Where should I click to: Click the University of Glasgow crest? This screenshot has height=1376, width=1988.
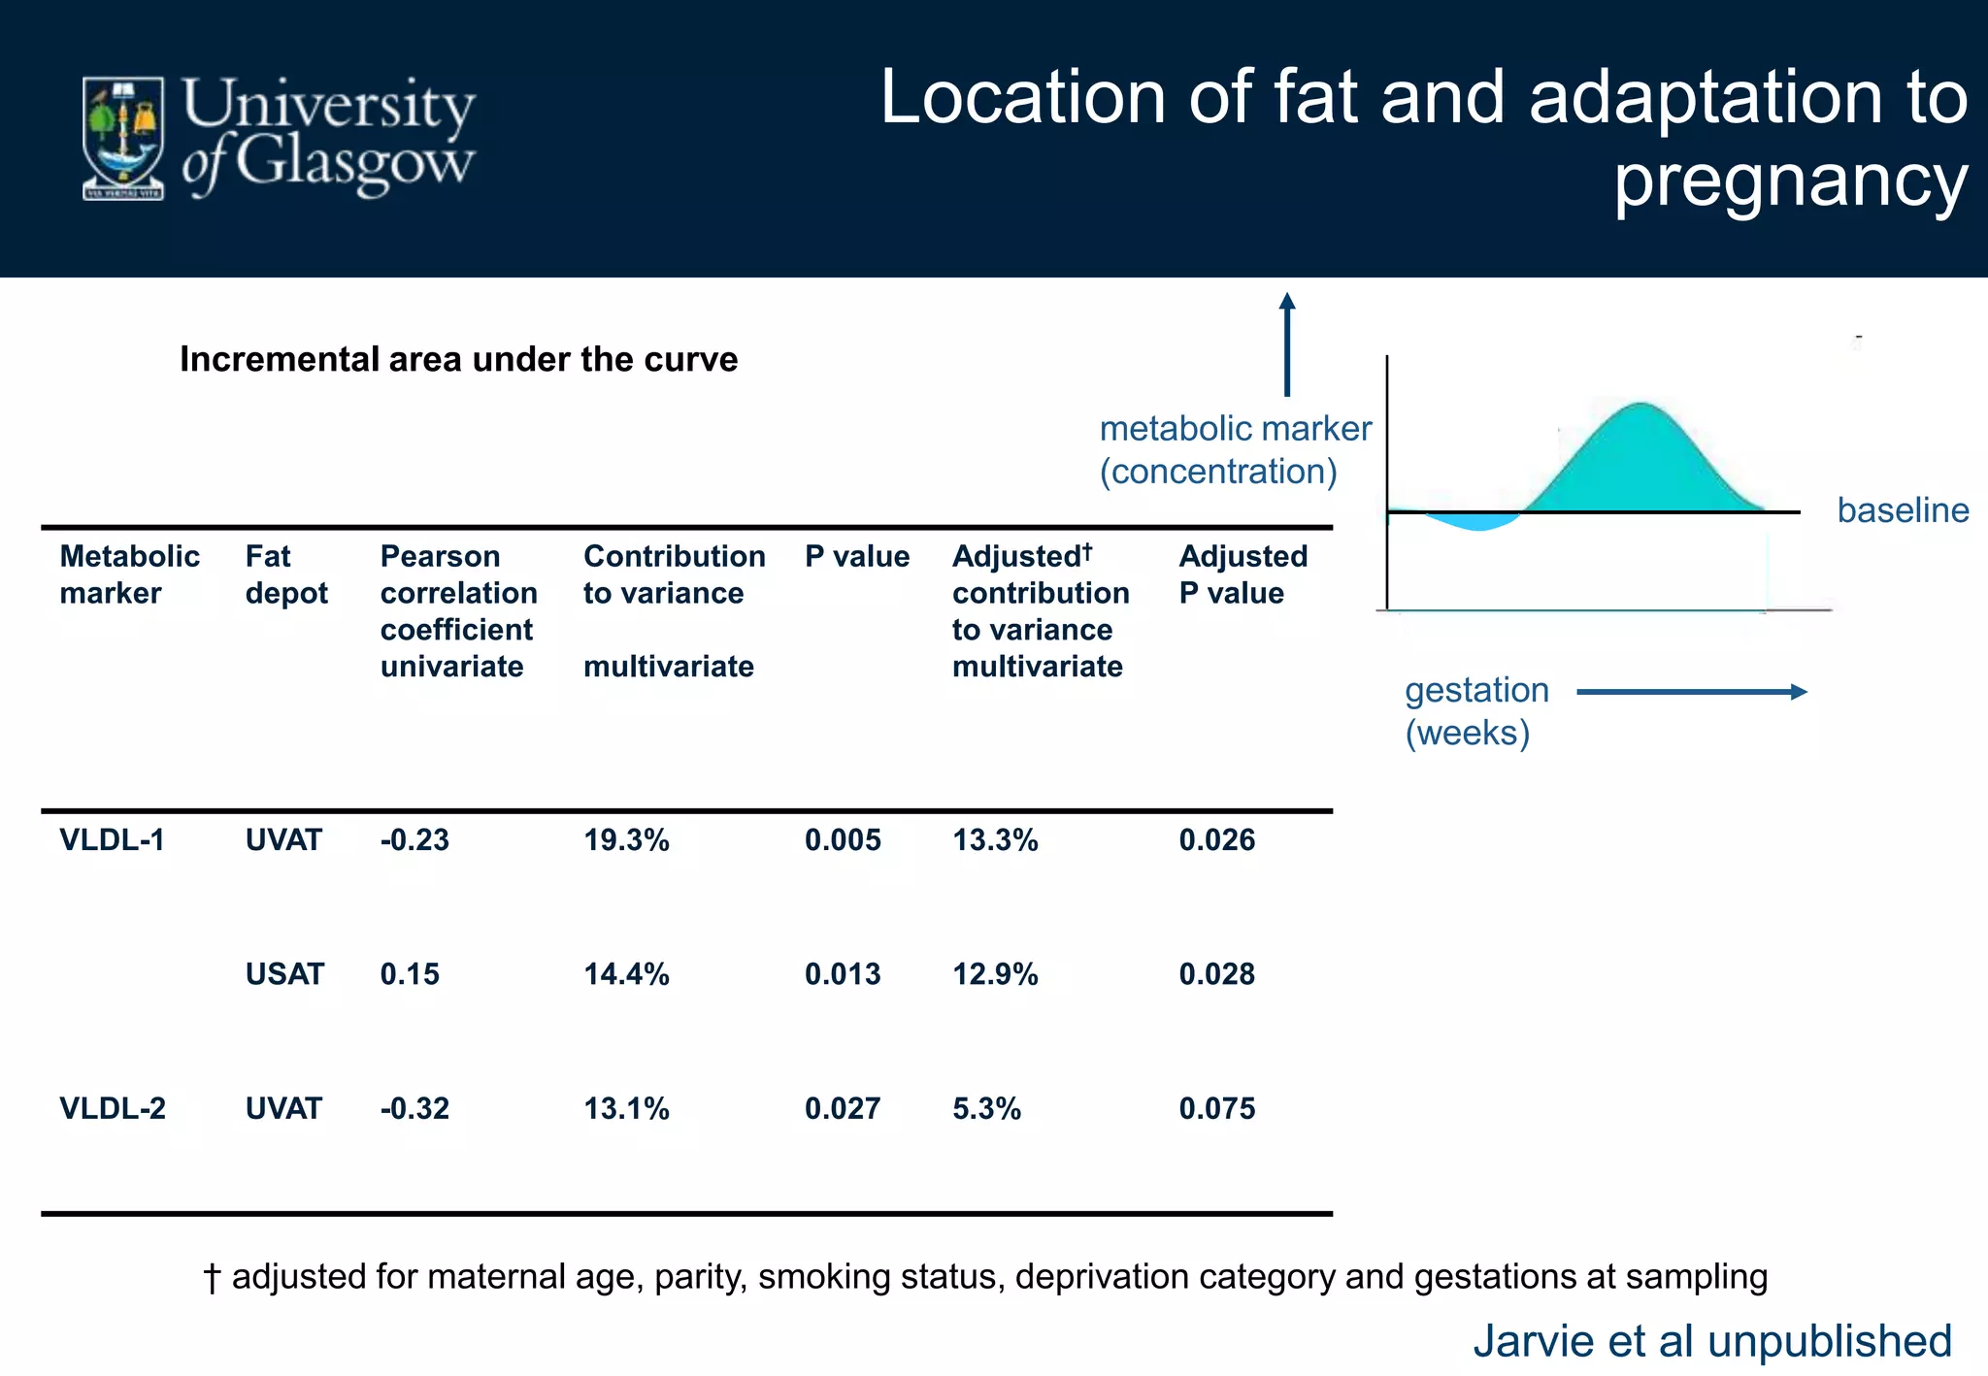[122, 139]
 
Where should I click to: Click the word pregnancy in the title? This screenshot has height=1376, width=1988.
[1791, 181]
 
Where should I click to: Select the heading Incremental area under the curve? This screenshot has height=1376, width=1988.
[458, 359]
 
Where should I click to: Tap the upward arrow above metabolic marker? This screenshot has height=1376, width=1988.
[1287, 344]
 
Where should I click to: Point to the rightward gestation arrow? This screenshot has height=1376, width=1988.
[1691, 692]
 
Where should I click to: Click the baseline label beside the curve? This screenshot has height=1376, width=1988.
[1903, 510]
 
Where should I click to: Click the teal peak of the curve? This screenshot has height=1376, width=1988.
[1640, 456]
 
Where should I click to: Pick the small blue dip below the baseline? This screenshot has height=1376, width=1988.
[1475, 522]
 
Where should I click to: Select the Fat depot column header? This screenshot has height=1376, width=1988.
[285, 574]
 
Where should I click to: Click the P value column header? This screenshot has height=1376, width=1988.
[856, 557]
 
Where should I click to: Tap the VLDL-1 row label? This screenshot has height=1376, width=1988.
[112, 839]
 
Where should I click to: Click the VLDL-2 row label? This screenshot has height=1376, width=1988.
[113, 1108]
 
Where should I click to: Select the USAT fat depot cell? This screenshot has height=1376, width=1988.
[283, 973]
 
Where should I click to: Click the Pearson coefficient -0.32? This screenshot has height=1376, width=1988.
[414, 1108]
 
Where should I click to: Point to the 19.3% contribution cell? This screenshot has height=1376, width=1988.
[626, 839]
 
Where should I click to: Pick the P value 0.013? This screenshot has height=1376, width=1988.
[842, 973]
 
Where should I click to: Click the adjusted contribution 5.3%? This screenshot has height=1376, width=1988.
[986, 1108]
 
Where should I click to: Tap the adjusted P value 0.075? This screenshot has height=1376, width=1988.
[1216, 1108]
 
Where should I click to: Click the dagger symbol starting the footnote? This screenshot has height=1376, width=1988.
[212, 1277]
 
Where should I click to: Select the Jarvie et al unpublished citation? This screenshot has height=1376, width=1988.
[1711, 1341]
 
